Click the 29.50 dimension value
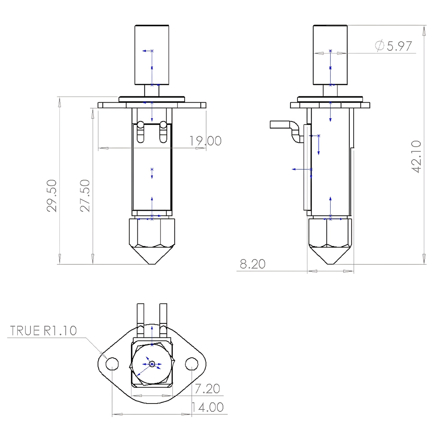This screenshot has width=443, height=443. (x=52, y=195)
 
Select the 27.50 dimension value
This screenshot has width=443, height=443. (x=85, y=195)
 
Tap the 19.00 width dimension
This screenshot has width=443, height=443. (x=205, y=141)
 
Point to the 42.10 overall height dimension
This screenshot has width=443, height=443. (x=416, y=156)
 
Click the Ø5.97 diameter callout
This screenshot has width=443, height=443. (x=394, y=46)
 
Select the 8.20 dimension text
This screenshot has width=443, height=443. (x=253, y=264)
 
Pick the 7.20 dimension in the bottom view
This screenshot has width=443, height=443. (x=207, y=388)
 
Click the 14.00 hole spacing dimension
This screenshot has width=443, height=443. (x=207, y=407)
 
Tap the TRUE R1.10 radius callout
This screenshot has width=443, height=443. (x=44, y=330)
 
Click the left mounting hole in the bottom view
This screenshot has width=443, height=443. (x=112, y=364)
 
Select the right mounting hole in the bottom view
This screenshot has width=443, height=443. (x=191, y=364)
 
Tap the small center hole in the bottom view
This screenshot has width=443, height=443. (x=152, y=364)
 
